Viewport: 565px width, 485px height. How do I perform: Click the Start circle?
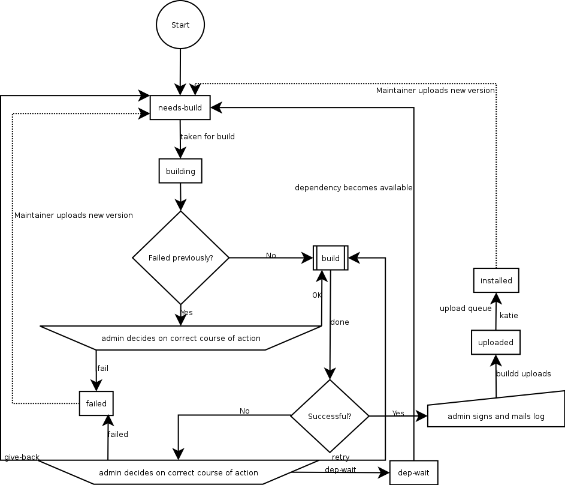(180, 25)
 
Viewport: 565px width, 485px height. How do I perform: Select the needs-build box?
(180, 108)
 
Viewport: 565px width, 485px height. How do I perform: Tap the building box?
(180, 171)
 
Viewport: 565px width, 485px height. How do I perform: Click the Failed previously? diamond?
(180, 258)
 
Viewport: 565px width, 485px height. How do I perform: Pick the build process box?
(331, 258)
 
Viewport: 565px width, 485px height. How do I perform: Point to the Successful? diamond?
(330, 416)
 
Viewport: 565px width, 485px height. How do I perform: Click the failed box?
(96, 403)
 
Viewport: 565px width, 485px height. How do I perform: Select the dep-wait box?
(413, 472)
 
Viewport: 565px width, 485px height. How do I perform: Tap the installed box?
(496, 280)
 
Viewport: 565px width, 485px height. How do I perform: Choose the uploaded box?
(495, 342)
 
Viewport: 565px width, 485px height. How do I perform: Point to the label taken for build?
(208, 137)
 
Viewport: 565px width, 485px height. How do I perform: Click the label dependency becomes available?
(353, 188)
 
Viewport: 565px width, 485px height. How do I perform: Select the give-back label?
(22, 457)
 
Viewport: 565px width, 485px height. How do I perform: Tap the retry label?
(341, 457)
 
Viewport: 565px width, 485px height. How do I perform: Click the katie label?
(509, 315)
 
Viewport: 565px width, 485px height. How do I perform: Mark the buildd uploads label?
(523, 374)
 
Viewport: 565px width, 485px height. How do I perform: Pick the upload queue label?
(466, 309)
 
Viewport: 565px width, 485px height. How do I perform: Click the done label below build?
(340, 322)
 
